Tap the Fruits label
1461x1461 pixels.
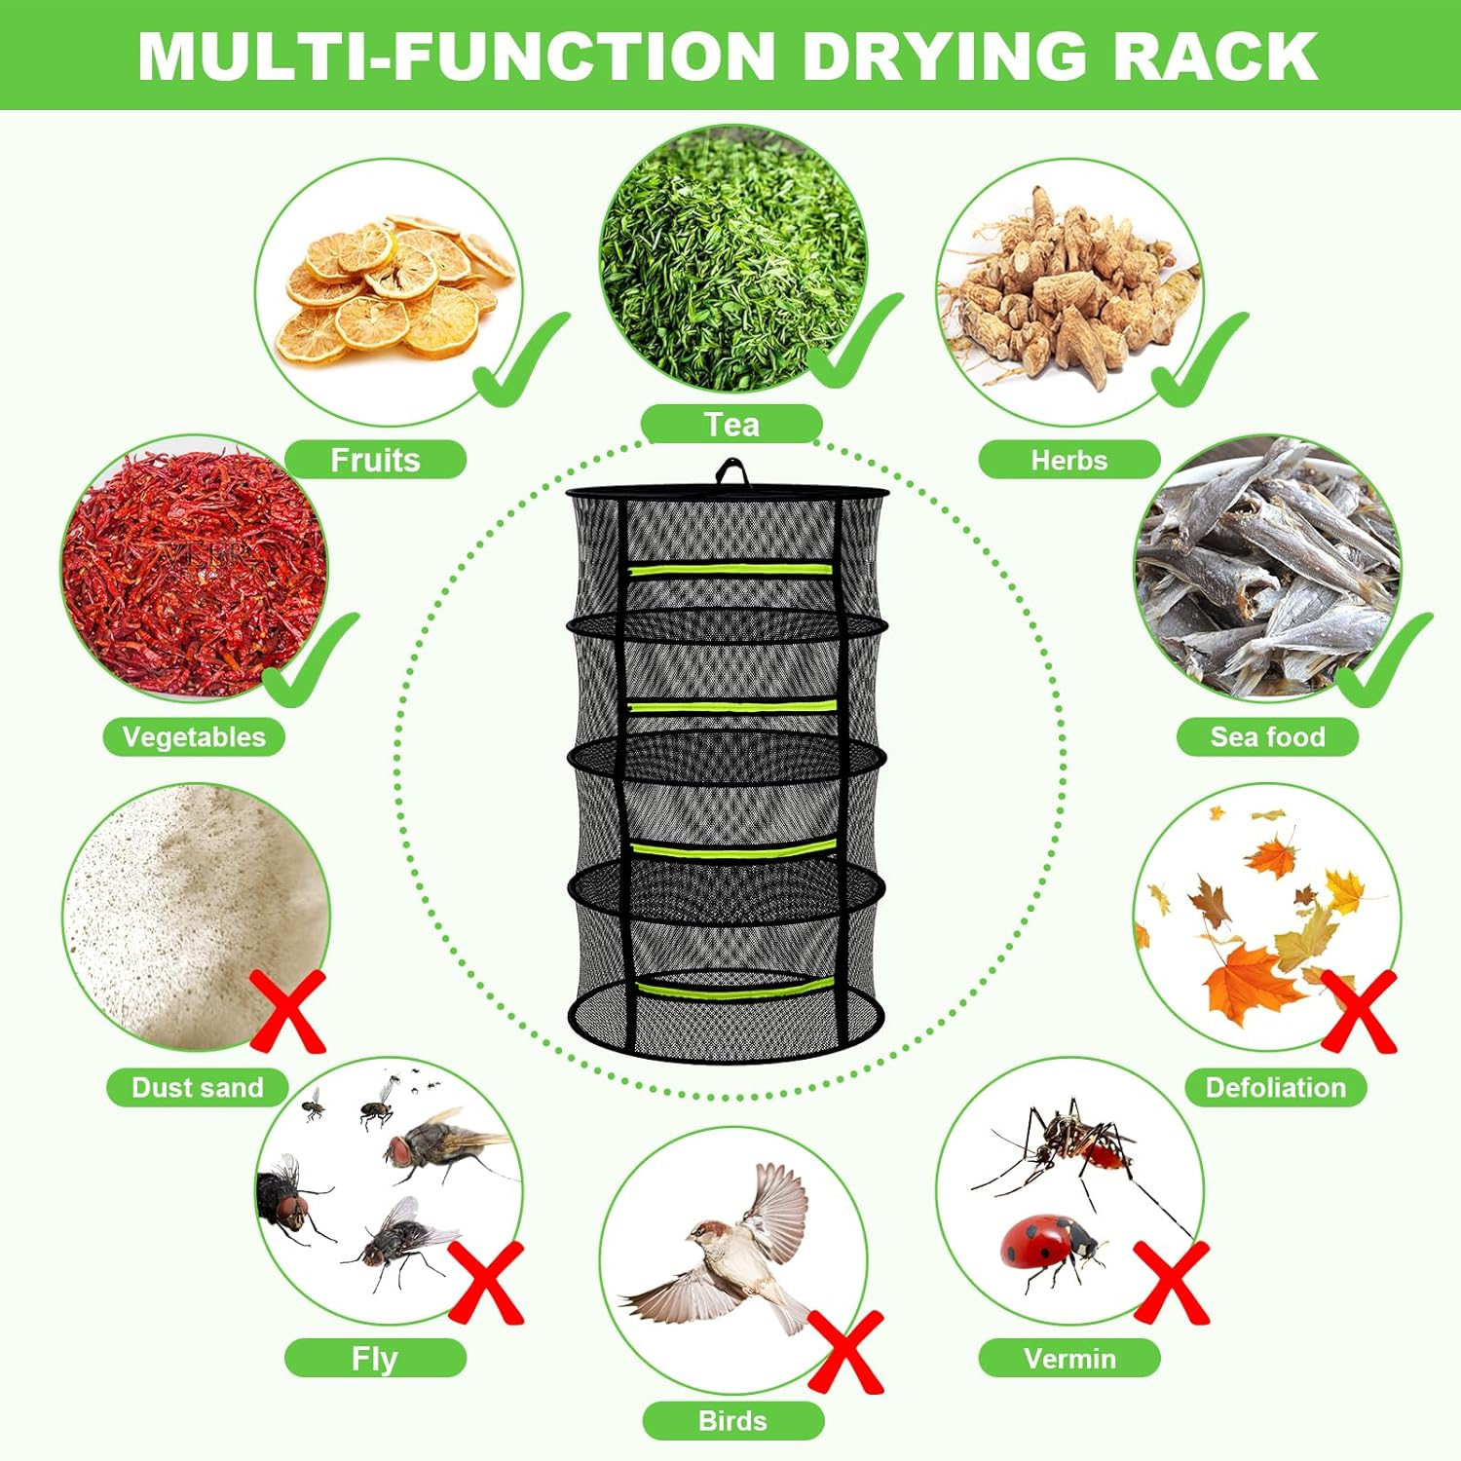click(x=375, y=460)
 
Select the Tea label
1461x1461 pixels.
click(x=731, y=425)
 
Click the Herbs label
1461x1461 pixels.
click(x=1068, y=460)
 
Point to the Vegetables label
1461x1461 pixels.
click(x=194, y=737)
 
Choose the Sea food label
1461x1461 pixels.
click(x=1267, y=737)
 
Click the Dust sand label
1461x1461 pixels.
click(x=197, y=1087)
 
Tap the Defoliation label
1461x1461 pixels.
click(x=1275, y=1087)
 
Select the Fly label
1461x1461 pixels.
click(x=375, y=1358)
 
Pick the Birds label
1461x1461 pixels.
click(x=732, y=1421)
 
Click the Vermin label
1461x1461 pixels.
click(x=1069, y=1358)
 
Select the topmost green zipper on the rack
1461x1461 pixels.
click(x=730, y=569)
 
